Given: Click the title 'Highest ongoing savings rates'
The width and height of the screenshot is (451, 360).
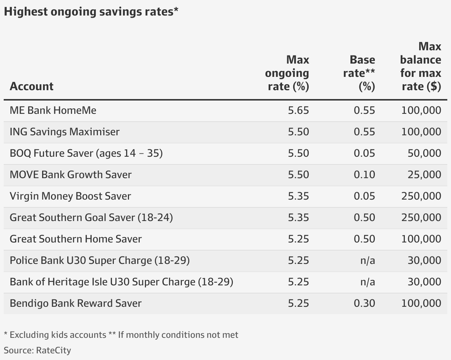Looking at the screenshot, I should click(x=91, y=12).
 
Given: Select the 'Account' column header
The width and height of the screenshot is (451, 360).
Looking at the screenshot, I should click(x=31, y=86).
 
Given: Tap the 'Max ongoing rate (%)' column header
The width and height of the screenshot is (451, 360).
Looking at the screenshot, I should click(x=287, y=73).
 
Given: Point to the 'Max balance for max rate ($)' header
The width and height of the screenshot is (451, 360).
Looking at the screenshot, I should click(x=420, y=66).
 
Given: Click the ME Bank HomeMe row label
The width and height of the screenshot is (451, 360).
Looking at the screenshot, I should click(x=53, y=110).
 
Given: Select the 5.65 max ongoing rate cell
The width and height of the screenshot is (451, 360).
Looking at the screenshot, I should click(x=298, y=110).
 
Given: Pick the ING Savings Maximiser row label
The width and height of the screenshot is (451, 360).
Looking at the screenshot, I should click(x=65, y=132).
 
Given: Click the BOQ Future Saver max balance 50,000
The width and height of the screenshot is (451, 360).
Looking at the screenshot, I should click(x=424, y=153).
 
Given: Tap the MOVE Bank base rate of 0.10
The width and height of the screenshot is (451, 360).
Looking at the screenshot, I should click(x=364, y=174).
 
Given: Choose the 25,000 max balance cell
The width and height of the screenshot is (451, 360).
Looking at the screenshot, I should click(x=424, y=174).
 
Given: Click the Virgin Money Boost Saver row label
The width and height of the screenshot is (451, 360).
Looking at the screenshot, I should click(x=70, y=196).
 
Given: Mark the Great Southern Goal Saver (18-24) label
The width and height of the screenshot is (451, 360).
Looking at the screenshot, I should click(x=91, y=217).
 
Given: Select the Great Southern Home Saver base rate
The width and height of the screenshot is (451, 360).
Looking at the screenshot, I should click(x=364, y=239).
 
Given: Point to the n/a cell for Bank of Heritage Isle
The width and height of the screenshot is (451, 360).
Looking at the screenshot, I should click(x=367, y=282).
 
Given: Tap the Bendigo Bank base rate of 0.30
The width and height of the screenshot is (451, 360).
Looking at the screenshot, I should click(x=364, y=303).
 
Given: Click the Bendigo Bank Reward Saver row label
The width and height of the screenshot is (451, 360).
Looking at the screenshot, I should click(x=75, y=303).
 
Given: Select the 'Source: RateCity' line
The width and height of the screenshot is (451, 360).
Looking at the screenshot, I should click(x=37, y=350).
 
